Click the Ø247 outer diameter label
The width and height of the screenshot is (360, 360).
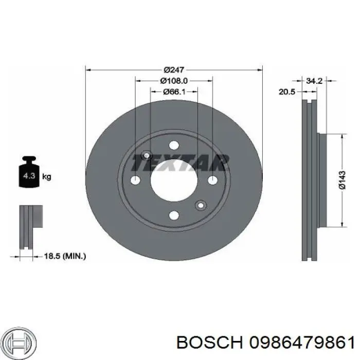coord(174,69)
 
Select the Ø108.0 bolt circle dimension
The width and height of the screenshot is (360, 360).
coord(174,81)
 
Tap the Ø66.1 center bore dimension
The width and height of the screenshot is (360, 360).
coord(174,92)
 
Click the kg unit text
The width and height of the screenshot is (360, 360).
coord(47,177)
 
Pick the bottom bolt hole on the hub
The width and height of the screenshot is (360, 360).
coord(174,215)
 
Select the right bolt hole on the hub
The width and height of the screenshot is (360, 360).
coord(212,180)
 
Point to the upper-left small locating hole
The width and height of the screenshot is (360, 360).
coord(147,155)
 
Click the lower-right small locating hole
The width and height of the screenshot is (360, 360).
coord(201,205)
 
